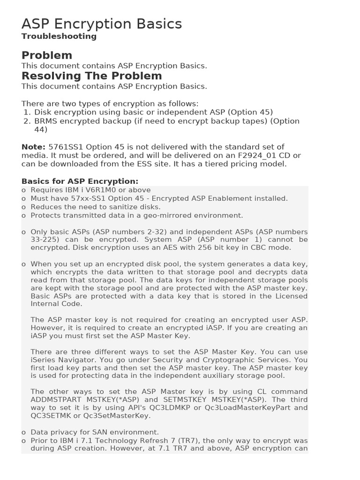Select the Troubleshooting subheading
tap(59, 36)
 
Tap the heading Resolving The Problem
tap(91, 76)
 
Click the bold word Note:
tap(33, 147)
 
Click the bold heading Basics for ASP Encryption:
tap(80, 181)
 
